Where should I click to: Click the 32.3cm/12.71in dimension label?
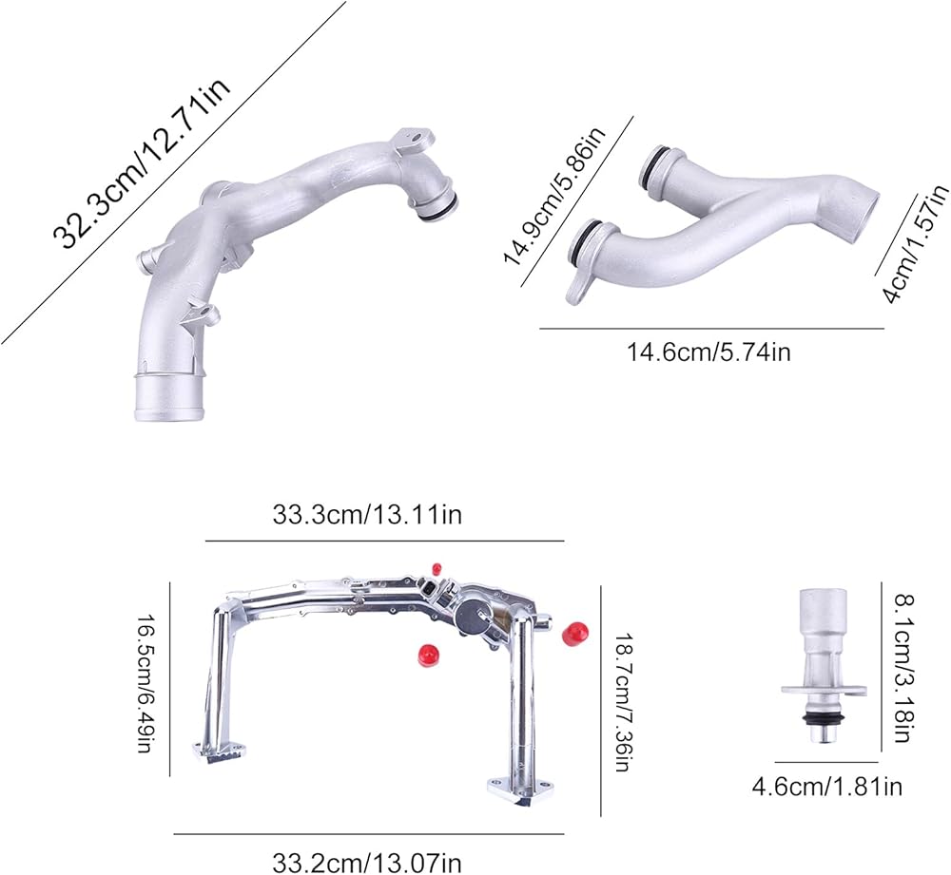click(144, 162)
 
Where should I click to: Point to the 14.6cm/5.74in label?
click(708, 352)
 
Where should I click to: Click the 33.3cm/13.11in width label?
click(367, 515)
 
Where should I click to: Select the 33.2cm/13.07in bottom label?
click(366, 862)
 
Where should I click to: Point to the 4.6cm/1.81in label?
click(827, 787)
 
